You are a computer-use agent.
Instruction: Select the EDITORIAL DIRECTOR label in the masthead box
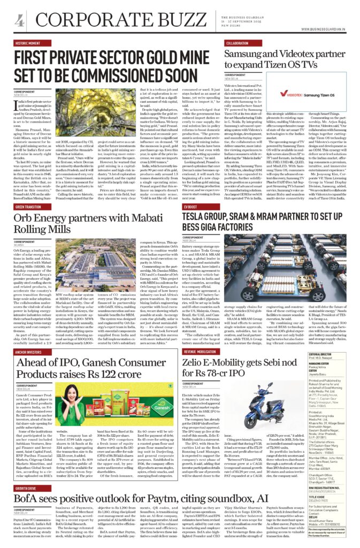[x=335, y=354]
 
